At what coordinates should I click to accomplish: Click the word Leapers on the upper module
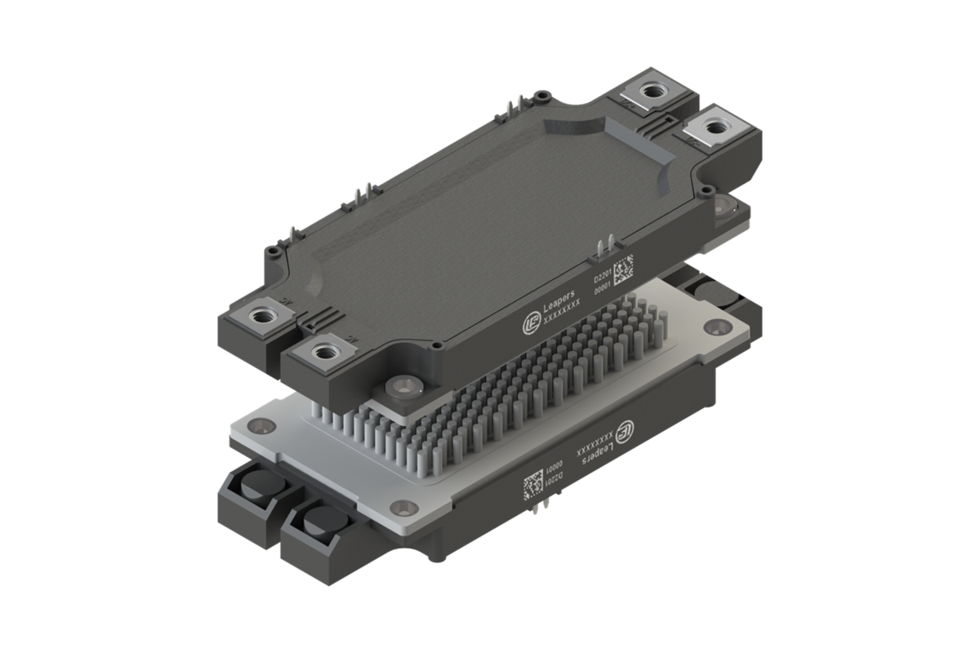tap(560, 303)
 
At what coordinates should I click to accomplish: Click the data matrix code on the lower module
tap(534, 483)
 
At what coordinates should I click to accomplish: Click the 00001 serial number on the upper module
tap(603, 287)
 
